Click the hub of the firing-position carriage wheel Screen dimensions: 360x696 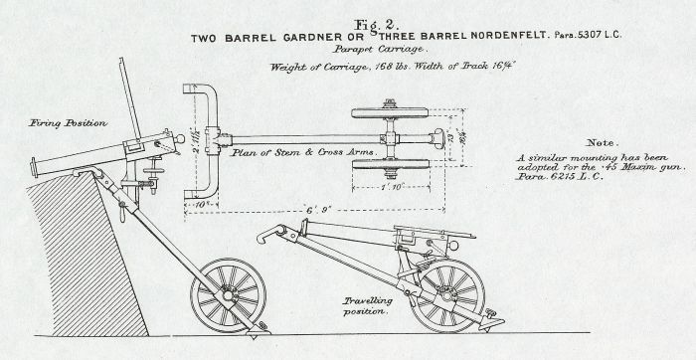234,294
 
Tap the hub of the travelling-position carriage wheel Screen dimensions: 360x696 448,294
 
